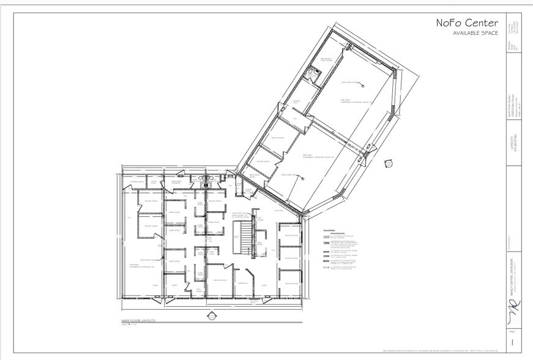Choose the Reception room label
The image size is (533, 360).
[x=241, y=283]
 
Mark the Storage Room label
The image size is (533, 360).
[x=136, y=182]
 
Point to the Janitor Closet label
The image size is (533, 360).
[x=154, y=182]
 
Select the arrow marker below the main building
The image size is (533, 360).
[x=212, y=316]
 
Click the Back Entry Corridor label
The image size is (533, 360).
[x=177, y=182]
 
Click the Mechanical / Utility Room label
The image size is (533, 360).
[x=325, y=59]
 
